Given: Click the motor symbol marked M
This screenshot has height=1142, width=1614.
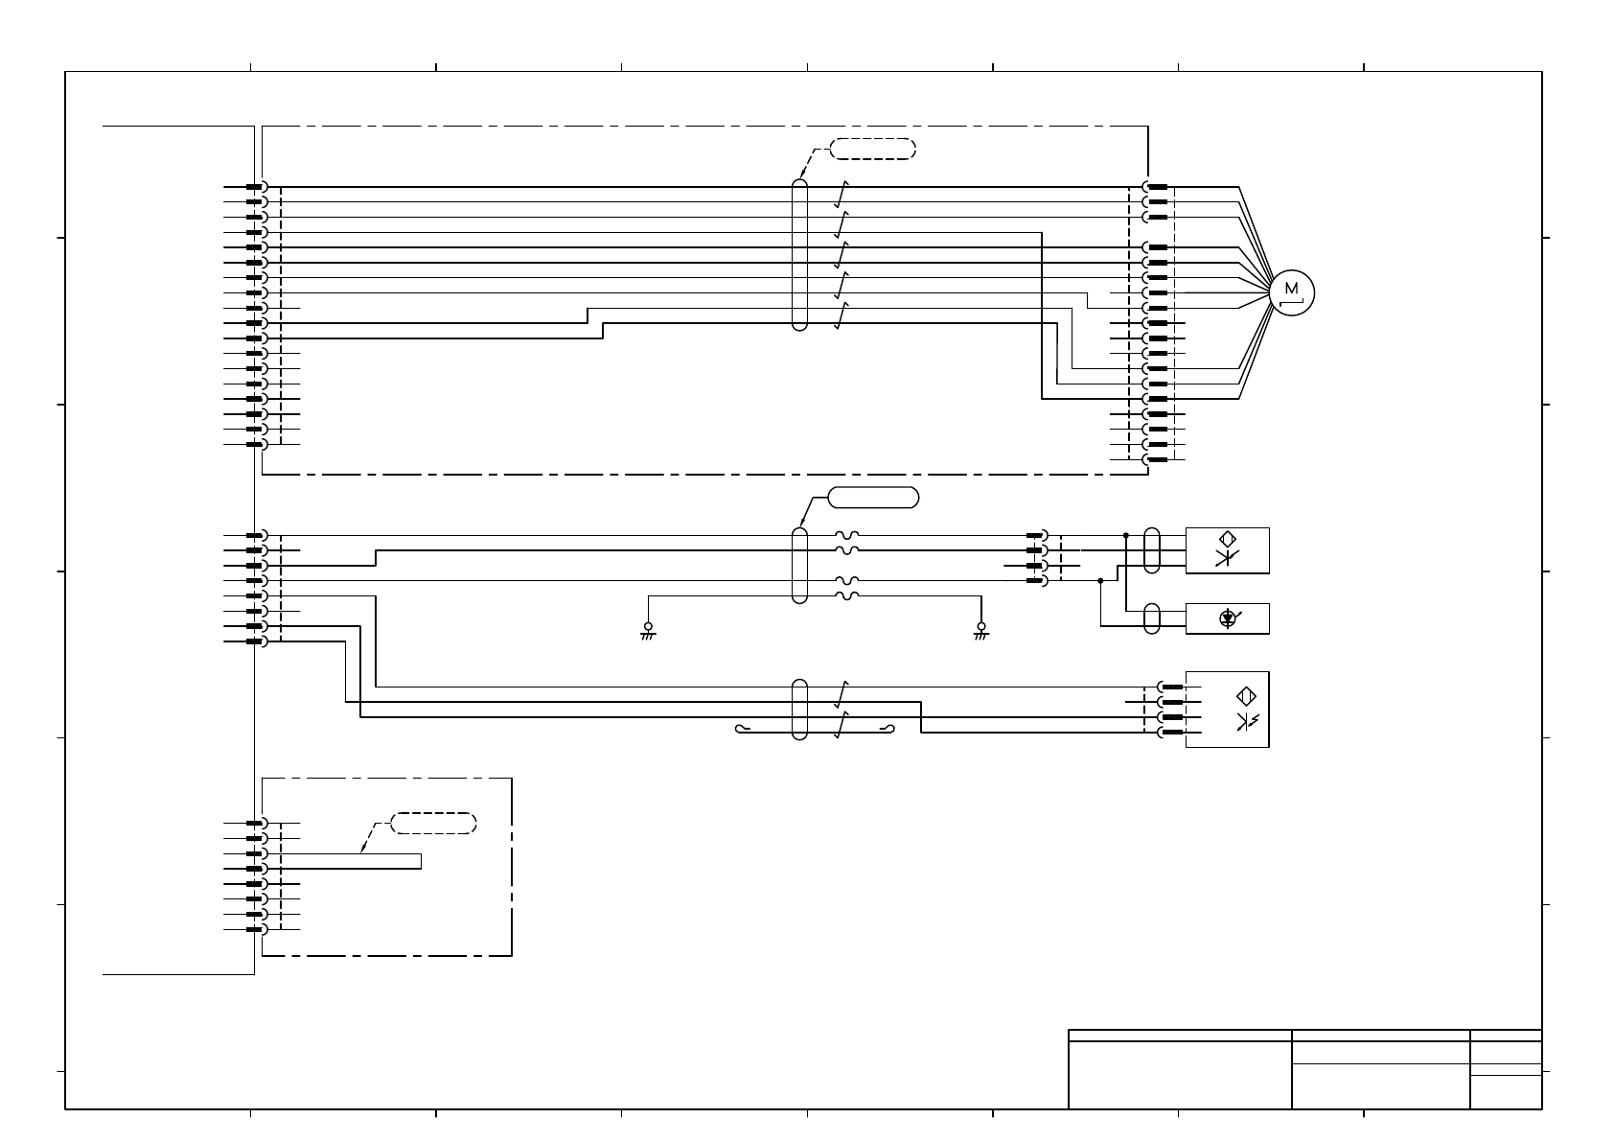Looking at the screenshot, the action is [1292, 291].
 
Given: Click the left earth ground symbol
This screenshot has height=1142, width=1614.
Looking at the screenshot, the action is [648, 631].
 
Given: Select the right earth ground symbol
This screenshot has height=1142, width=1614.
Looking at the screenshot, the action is [980, 631].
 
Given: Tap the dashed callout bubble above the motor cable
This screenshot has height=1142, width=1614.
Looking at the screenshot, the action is [872, 149].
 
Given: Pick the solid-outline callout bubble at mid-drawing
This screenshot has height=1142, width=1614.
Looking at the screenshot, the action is [873, 497].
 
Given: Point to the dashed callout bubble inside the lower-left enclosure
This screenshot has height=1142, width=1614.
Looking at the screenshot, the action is [434, 823].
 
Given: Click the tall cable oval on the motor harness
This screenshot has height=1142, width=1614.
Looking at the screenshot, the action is [799, 254].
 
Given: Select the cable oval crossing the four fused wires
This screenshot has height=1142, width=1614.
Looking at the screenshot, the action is [799, 565].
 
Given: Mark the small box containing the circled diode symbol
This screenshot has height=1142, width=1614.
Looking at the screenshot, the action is [1227, 618].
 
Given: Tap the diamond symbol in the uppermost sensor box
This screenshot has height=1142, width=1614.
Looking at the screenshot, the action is [1229, 540].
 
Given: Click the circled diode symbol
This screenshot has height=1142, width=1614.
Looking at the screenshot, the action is [1227, 619].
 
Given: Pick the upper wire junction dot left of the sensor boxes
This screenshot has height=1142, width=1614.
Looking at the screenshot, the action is [1126, 535].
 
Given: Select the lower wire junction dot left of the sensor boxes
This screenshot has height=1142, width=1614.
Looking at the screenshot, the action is [1100, 580].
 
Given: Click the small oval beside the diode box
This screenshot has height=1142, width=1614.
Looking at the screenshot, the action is [1153, 618].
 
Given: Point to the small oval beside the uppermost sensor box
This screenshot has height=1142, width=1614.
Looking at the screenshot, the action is [1153, 550].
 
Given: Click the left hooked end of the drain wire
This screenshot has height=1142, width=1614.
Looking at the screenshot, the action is [739, 729].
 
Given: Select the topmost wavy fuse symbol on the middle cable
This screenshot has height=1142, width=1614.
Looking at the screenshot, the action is [846, 536].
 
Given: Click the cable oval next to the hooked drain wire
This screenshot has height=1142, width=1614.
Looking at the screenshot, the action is [799, 710].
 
